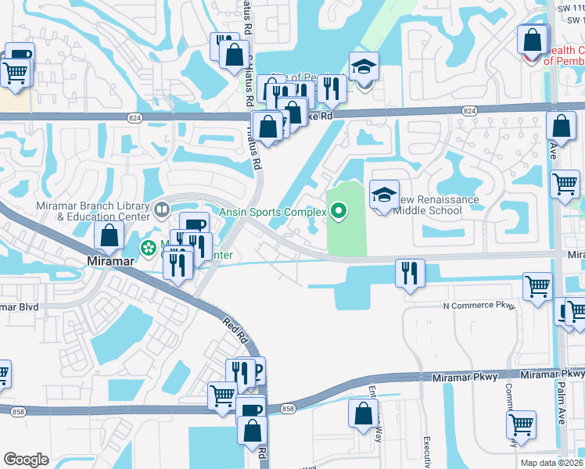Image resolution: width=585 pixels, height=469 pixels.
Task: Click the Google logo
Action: (27, 459)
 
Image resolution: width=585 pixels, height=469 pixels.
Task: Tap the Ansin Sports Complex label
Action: (273, 210)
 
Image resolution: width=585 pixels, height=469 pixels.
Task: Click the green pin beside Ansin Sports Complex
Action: (339, 210)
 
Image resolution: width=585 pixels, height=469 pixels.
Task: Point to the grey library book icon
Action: (162, 209)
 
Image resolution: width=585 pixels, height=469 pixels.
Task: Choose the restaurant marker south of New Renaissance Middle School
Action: (410, 274)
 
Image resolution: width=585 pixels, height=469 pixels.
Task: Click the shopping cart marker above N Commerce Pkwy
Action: (537, 287)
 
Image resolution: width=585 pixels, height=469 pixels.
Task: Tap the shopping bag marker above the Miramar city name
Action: (109, 234)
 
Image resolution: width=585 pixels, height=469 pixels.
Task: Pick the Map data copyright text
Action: (553, 463)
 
